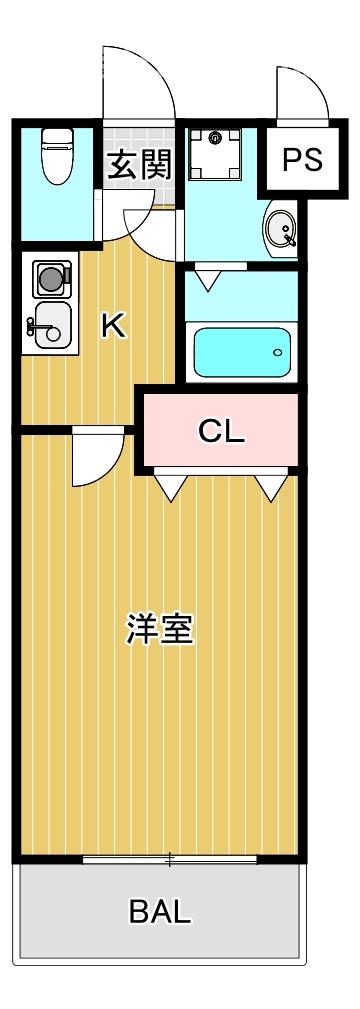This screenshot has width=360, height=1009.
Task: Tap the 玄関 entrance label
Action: pos(140,164)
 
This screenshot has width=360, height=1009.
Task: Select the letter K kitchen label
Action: pos(114,325)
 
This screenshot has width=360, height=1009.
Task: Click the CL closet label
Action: pos(221,431)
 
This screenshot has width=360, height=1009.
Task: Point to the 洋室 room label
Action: pos(159,630)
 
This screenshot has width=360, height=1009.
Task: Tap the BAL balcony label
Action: pos(160,911)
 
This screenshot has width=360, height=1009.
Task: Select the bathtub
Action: pos(241,351)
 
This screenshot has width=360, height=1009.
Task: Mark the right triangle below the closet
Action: pos(268,486)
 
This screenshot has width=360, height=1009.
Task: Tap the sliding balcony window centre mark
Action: pos(170,859)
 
